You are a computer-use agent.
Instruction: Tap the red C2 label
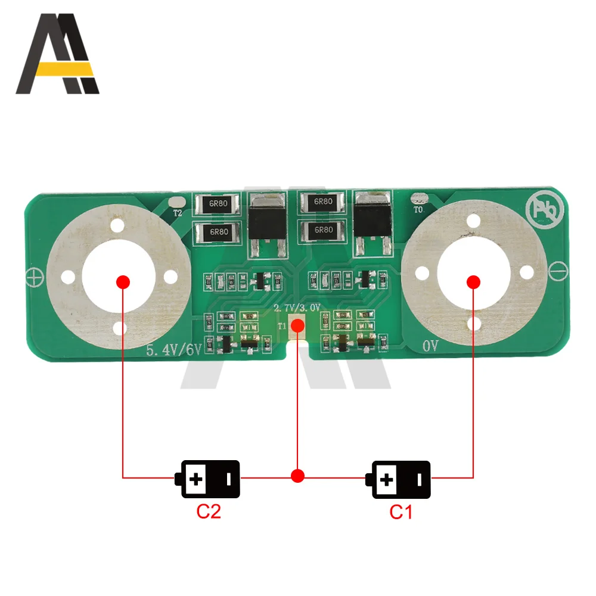tap(208, 511)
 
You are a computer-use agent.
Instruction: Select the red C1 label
tap(401, 511)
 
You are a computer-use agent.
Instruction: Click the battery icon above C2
tap(207, 479)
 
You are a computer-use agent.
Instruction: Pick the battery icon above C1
tap(398, 479)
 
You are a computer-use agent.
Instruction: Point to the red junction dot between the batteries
tap(298, 476)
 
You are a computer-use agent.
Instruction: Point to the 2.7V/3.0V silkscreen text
tap(297, 308)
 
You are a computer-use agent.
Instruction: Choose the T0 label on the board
tap(418, 209)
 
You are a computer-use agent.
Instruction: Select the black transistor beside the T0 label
tap(372, 218)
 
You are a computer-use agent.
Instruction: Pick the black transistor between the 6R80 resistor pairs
tap(265, 220)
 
